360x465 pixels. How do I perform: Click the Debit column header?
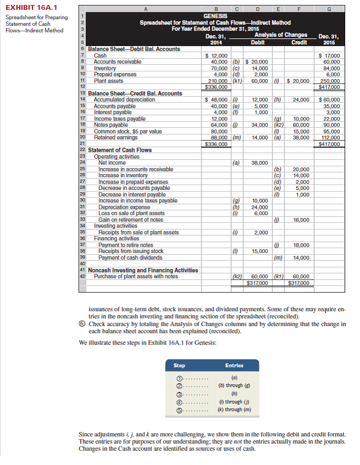tap(258, 42)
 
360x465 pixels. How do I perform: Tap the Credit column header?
tap(299, 42)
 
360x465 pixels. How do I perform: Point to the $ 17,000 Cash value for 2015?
tap(330, 55)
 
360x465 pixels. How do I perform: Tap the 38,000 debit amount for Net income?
tap(258, 163)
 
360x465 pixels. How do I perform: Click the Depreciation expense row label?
tap(123, 207)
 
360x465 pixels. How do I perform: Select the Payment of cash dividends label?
tap(130, 257)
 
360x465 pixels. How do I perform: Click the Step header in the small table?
tap(179, 365)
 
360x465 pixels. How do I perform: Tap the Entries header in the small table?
tap(234, 365)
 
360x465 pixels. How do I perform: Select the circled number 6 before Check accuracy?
tap(82, 324)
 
